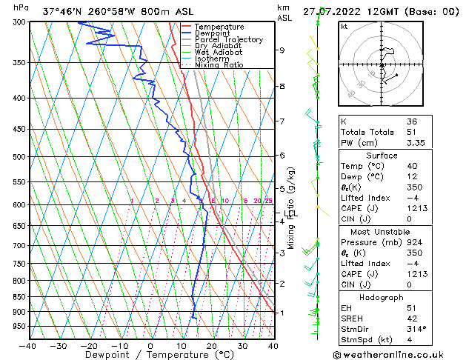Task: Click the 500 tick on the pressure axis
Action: tap(19, 157)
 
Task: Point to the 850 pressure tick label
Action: tap(19, 297)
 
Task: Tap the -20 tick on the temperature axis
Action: tap(89, 346)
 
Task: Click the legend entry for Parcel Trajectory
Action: tap(228, 40)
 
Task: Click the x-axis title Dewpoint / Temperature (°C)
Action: tap(150, 356)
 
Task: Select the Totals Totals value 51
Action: tap(413, 133)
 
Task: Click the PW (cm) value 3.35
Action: tap(416, 144)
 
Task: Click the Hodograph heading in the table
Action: tap(382, 297)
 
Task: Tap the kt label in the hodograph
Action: tap(344, 26)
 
